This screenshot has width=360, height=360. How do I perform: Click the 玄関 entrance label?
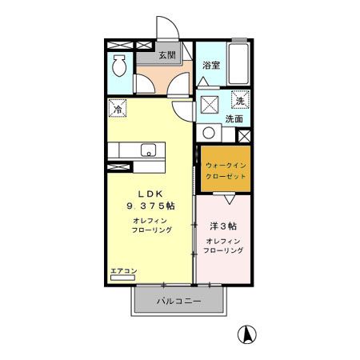click(x=166, y=55)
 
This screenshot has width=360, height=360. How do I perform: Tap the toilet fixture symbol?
click(x=119, y=65)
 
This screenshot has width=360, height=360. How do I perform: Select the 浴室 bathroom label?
click(x=211, y=66)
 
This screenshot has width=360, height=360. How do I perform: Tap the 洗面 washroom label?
click(x=234, y=119)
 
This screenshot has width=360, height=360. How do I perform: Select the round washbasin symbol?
click(x=210, y=133)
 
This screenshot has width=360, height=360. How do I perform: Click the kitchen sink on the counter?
click(x=147, y=149)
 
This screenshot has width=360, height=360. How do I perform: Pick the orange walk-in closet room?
click(x=225, y=169)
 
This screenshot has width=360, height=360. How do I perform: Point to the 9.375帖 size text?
click(x=154, y=206)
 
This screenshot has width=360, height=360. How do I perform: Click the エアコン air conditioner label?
click(x=124, y=271)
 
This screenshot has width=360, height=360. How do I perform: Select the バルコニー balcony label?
click(x=178, y=301)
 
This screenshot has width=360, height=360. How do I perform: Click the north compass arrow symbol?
click(x=249, y=334)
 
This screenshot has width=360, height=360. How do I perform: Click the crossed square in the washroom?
click(x=209, y=105)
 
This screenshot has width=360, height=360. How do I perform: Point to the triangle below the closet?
click(x=228, y=198)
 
